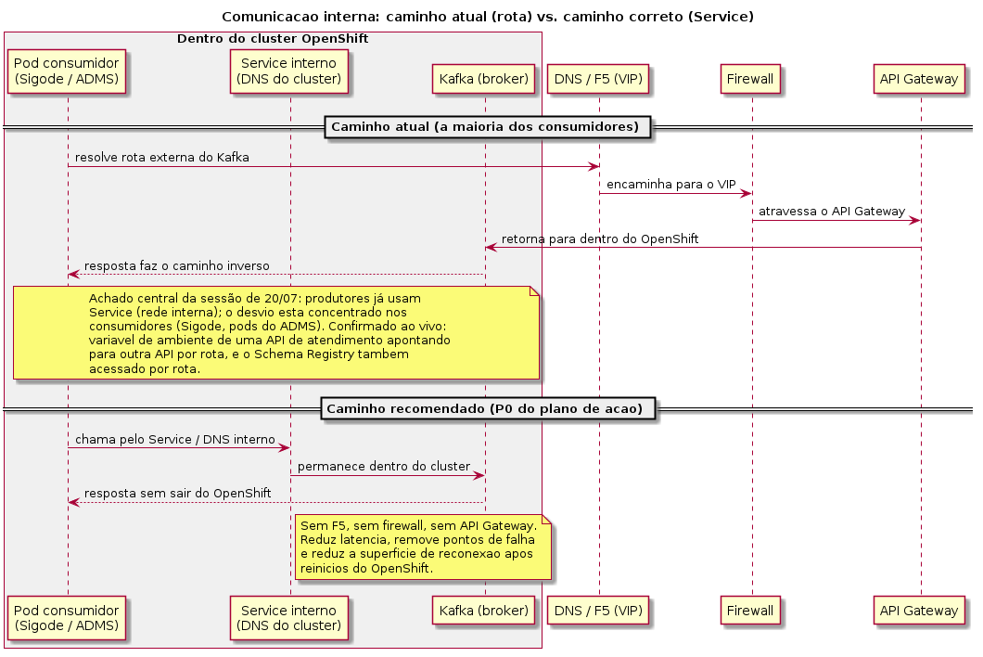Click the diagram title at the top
click(488, 17)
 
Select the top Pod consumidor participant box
click(67, 71)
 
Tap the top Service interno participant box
click(289, 71)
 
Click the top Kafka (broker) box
click(483, 79)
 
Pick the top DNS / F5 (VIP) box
click(598, 79)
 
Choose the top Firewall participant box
click(750, 79)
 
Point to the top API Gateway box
click(919, 79)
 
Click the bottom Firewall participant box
click(750, 611)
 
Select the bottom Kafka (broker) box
click(483, 611)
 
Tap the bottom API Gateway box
click(919, 611)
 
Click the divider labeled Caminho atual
click(488, 127)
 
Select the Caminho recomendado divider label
click(488, 409)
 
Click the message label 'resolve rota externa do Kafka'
click(161, 158)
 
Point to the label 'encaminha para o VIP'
click(670, 185)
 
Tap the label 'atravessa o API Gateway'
click(832, 212)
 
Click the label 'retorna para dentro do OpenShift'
click(600, 239)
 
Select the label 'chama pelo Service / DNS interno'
click(175, 440)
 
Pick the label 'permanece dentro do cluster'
click(384, 467)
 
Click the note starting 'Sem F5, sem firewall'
click(423, 547)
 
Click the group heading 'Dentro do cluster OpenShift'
click(273, 39)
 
